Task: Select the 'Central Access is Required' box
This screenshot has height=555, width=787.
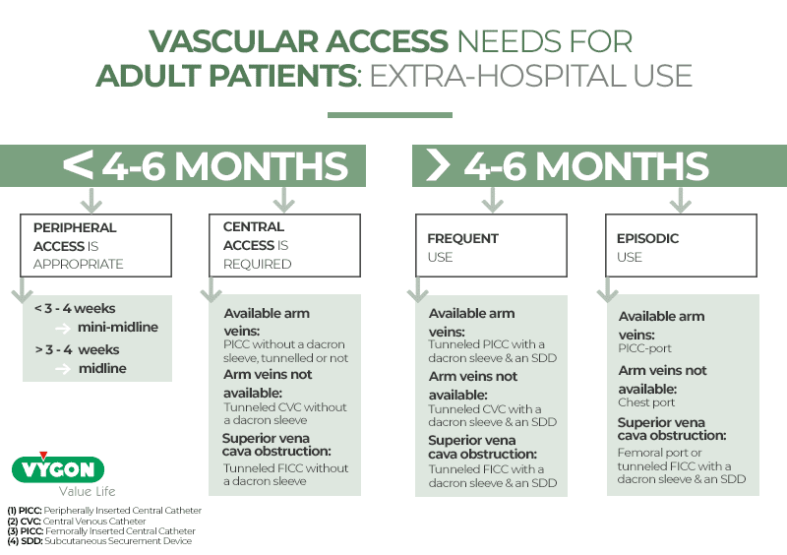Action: [x=283, y=245]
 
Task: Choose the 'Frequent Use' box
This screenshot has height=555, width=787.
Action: [x=491, y=246]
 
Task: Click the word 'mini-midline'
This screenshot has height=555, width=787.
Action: [x=119, y=327]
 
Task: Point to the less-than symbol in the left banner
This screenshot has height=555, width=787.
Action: [x=78, y=165]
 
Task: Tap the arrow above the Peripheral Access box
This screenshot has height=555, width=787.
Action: [x=92, y=201]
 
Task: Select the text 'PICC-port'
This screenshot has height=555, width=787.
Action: [x=645, y=347]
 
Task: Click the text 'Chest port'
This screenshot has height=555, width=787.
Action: [x=646, y=401]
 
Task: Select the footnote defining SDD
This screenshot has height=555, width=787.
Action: [x=99, y=541]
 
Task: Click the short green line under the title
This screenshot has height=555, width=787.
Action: [x=389, y=114]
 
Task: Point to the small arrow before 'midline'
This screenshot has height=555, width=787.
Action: [x=62, y=369]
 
